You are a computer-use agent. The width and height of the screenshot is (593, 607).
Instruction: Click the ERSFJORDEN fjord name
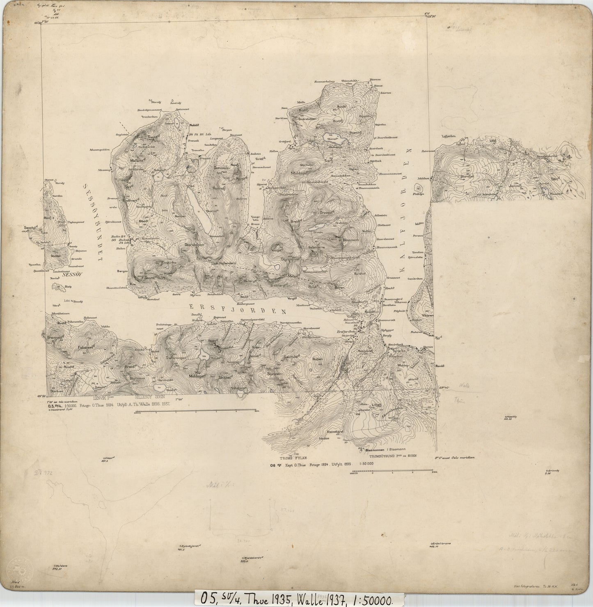pos(238,309)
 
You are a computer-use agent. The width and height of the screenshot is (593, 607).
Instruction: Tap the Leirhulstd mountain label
pos(291,356)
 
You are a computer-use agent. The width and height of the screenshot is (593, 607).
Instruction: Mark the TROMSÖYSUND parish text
pos(385,456)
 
